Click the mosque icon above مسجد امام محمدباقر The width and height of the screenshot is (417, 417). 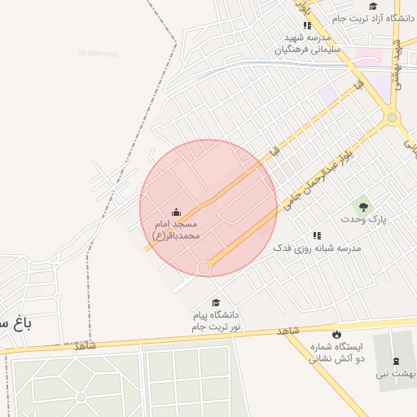click(x=177, y=213)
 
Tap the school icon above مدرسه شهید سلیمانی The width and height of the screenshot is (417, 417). click(x=307, y=26)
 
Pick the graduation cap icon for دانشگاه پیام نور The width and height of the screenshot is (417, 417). click(x=215, y=303)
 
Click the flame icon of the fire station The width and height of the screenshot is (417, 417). click(x=336, y=335)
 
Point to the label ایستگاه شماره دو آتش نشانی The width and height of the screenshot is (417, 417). click(x=336, y=352)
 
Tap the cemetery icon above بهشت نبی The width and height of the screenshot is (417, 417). click(x=397, y=360)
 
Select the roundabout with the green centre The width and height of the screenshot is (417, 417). click(x=393, y=118)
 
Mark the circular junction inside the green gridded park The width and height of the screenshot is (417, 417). click(x=81, y=397)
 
